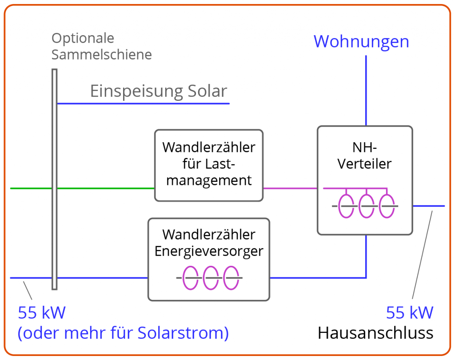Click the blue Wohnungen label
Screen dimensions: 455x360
pos(361,41)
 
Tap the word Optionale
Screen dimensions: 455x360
pos(83,38)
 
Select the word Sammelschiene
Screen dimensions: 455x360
pos(102,55)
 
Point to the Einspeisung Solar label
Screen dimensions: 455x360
pos(159,91)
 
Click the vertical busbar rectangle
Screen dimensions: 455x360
pos(54,179)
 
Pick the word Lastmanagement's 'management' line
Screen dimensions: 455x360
pos(209,180)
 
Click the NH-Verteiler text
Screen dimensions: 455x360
pos(364,156)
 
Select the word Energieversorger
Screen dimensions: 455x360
pos(209,251)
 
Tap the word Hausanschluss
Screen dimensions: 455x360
pos(375,333)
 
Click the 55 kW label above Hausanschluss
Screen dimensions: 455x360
pos(410,313)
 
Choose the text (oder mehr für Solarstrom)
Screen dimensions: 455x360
pos(123,333)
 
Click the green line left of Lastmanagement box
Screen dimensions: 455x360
pos(82,188)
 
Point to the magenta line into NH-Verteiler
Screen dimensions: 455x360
pos(290,188)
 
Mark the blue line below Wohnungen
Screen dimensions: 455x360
pos(366,90)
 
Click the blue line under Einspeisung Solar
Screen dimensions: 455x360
pos(144,104)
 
